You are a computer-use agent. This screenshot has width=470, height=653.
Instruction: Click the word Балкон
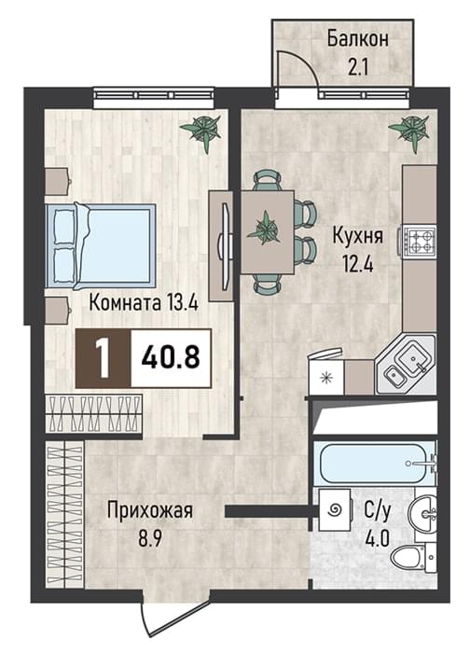[357, 39]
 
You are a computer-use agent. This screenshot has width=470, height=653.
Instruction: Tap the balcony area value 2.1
[358, 67]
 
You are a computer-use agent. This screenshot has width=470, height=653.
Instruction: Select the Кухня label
[357, 237]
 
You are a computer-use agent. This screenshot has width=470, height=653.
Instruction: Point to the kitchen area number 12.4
[357, 263]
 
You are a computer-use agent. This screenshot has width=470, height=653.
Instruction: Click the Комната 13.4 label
[144, 303]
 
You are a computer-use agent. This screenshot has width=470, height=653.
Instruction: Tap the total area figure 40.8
[171, 357]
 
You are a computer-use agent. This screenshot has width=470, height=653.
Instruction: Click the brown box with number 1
[103, 358]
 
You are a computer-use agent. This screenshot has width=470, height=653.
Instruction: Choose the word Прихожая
[150, 510]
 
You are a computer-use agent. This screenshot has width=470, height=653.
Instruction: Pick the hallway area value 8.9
[150, 539]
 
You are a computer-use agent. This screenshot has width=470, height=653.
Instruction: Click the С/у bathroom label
[377, 511]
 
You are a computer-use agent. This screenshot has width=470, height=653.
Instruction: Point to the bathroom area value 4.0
[377, 538]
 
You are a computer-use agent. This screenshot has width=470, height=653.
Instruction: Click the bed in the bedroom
[101, 246]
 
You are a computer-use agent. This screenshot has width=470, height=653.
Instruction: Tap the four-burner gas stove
[420, 241]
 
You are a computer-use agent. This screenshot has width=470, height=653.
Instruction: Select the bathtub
[375, 463]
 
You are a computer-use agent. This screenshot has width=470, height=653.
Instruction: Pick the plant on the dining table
[264, 229]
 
